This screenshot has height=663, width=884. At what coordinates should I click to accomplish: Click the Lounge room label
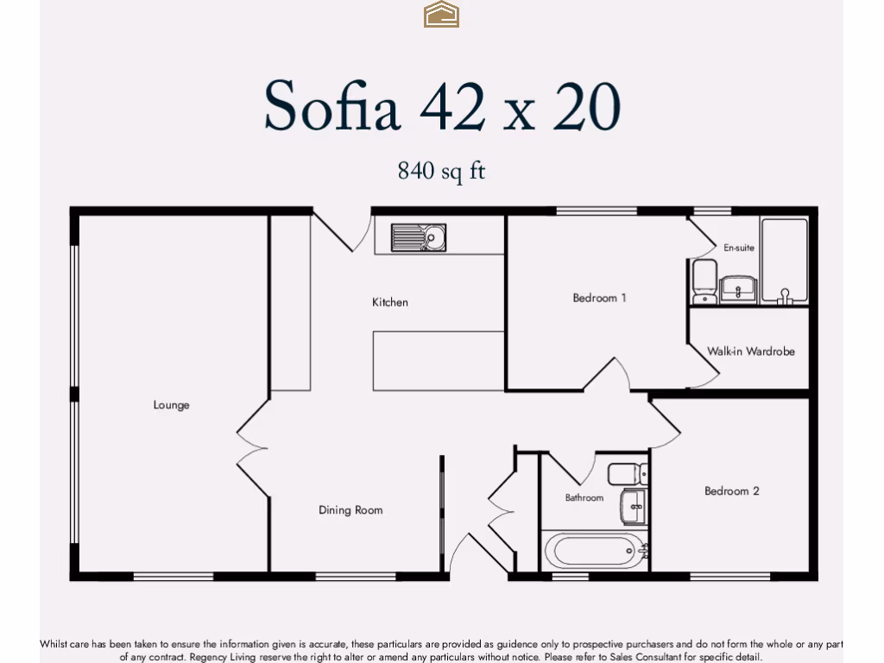(x=171, y=405)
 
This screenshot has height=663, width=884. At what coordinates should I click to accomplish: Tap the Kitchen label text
(x=390, y=302)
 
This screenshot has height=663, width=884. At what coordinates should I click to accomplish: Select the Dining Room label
(x=350, y=510)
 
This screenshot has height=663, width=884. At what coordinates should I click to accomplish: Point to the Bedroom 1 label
(x=599, y=298)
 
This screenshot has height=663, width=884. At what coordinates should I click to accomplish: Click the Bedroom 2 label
(x=732, y=491)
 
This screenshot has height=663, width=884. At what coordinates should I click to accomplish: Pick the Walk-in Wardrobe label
(x=751, y=351)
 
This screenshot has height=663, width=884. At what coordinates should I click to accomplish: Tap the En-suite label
(x=739, y=248)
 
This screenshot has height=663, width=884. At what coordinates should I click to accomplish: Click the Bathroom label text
(x=584, y=498)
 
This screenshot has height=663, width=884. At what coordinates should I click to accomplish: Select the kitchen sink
(x=419, y=237)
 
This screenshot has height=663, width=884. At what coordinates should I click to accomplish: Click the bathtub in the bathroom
(x=594, y=550)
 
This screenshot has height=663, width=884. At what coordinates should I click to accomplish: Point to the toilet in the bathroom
(x=628, y=475)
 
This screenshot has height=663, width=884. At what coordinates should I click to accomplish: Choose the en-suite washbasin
(x=739, y=288)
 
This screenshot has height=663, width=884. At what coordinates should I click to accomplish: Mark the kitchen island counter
(x=439, y=360)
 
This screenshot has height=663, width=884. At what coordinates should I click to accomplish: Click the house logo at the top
(x=441, y=15)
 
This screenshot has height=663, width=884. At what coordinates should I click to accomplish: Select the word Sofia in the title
(x=331, y=106)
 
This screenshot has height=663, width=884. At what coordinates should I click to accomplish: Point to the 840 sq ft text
(x=441, y=171)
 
